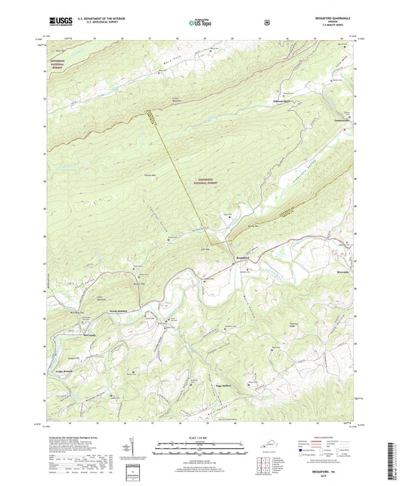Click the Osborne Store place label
[284, 103]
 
